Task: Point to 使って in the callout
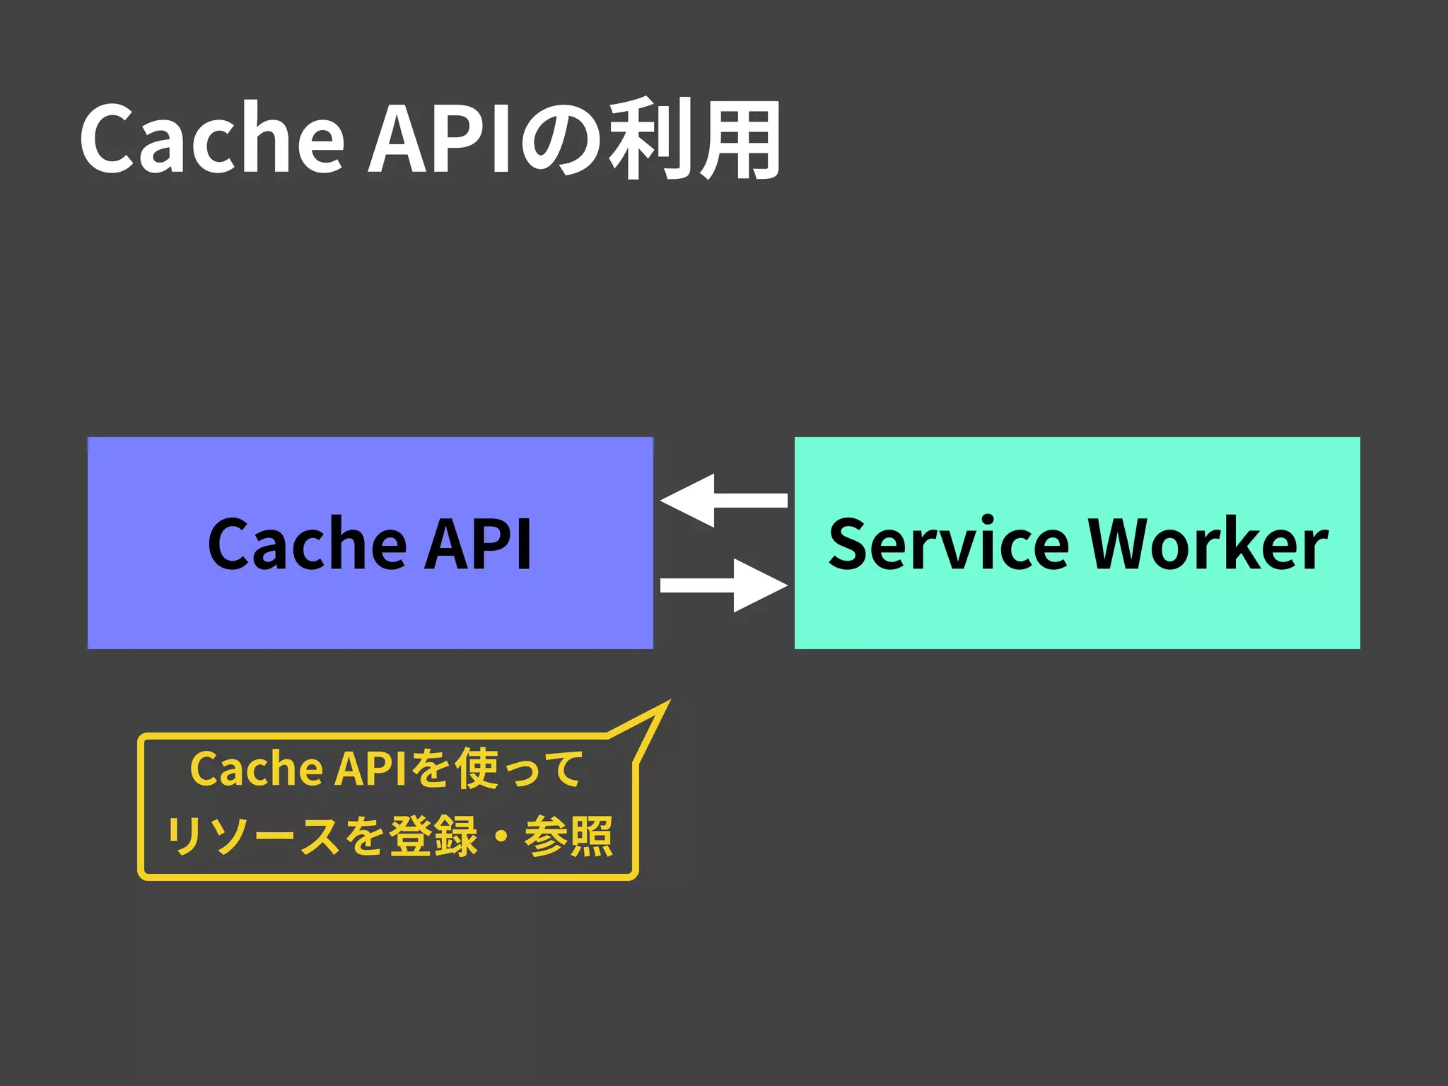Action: (518, 769)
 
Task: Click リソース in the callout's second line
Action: (252, 836)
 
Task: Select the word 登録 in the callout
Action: (433, 836)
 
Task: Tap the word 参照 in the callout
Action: (568, 836)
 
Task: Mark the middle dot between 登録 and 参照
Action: (501, 836)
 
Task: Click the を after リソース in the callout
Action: (365, 836)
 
